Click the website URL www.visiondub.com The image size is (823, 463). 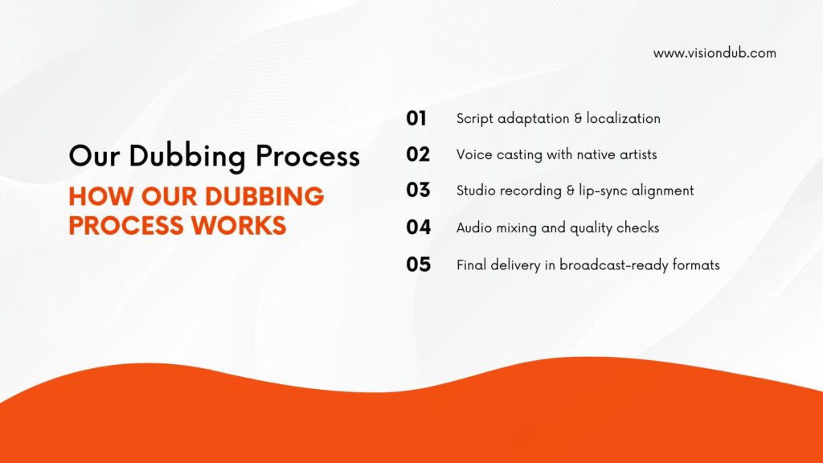click(x=714, y=53)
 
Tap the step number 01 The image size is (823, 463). click(x=416, y=118)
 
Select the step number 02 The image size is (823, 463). click(x=418, y=154)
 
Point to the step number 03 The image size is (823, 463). click(x=418, y=190)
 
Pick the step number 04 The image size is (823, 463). click(x=418, y=227)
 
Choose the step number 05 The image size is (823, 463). click(x=418, y=264)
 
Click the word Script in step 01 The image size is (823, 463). click(x=475, y=119)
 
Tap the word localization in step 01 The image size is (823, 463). click(x=623, y=118)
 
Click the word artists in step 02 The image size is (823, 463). click(x=638, y=154)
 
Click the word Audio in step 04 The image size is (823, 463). click(x=474, y=227)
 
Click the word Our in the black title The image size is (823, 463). click(x=94, y=156)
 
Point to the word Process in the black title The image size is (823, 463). click(x=308, y=156)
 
